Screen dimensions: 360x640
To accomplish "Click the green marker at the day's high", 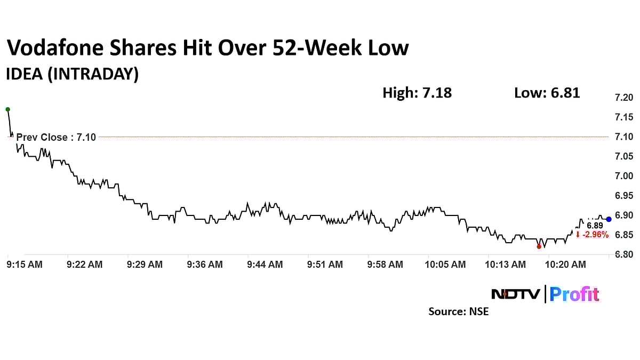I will click(7, 109).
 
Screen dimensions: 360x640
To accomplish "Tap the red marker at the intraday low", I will click(539, 246).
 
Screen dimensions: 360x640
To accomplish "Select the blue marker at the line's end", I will click(609, 219).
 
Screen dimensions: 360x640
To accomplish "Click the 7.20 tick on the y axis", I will click(623, 98).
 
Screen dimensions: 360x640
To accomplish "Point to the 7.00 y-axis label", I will click(623, 176).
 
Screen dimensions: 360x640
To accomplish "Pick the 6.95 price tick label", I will click(623, 196).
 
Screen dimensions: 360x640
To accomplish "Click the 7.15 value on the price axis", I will click(623, 117).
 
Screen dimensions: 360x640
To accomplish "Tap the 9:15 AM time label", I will click(25, 265).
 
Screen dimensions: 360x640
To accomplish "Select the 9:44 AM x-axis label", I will click(265, 265).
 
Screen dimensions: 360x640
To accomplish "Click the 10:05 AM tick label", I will click(445, 265).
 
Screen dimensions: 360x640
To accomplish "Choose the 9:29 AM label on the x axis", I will click(145, 265).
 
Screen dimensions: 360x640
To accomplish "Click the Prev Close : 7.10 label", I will click(56, 137).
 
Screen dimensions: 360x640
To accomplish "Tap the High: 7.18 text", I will click(417, 93).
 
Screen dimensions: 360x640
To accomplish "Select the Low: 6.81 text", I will click(547, 93).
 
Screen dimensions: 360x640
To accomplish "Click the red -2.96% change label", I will click(592, 235).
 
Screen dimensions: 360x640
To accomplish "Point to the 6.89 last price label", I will click(595, 226).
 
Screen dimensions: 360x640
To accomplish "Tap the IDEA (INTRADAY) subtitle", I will click(72, 75).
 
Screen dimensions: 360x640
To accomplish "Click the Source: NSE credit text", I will click(458, 311).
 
